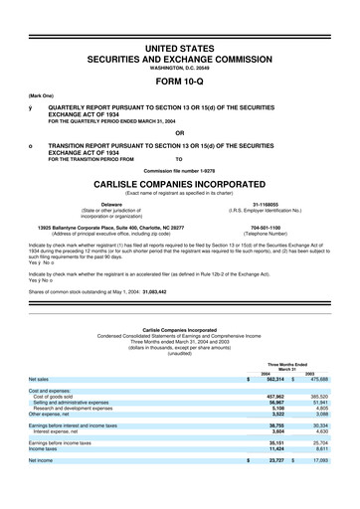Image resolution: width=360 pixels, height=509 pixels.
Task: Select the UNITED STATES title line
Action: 179,48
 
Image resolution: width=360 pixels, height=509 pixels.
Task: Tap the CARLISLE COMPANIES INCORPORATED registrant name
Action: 179,185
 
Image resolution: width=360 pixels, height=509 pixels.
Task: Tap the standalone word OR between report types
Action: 179,132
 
